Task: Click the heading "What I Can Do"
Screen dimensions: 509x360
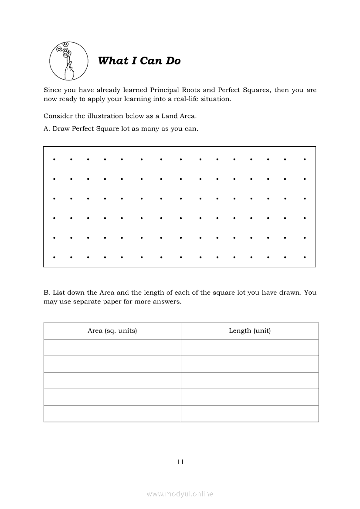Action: tap(139, 61)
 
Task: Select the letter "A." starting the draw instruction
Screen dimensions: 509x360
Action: tap(47, 129)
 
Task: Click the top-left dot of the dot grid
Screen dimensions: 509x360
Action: tap(54, 159)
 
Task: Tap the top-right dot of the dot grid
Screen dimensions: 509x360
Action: tap(305, 159)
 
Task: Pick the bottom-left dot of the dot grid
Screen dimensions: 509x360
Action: tap(54, 257)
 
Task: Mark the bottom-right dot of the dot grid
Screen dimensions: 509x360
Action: tap(305, 257)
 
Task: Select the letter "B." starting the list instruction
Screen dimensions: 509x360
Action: tap(47, 293)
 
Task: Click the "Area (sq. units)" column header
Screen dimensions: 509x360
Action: tap(112, 330)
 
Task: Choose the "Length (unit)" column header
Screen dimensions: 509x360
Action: tap(250, 330)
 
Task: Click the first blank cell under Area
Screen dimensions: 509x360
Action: tap(112, 347)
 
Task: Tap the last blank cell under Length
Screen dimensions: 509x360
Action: tap(250, 414)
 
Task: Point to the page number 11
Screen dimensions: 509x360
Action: tap(180, 462)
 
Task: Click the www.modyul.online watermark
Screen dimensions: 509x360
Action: tap(180, 494)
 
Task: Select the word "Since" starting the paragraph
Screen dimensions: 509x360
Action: tap(52, 90)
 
